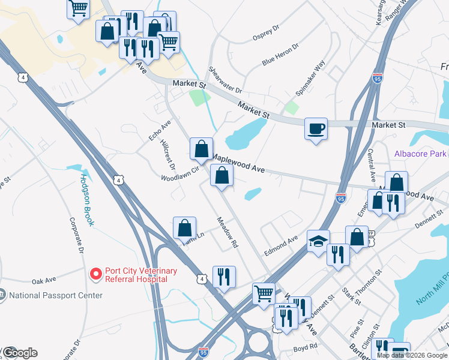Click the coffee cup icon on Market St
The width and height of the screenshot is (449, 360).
(316, 129)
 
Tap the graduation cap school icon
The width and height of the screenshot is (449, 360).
(318, 242)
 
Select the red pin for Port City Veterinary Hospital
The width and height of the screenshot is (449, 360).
(95, 274)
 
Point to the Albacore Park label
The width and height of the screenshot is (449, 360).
(420, 154)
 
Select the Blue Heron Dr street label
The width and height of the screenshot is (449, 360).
(280, 54)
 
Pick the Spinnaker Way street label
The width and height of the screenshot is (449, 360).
(310, 77)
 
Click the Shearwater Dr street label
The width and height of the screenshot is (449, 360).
(224, 80)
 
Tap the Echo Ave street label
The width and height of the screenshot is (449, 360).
(160, 130)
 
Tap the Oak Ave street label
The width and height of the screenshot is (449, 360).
(43, 280)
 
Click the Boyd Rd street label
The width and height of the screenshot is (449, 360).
(304, 348)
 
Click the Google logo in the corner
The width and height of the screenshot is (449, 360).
(20, 353)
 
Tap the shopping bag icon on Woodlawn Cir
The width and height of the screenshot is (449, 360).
(201, 148)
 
